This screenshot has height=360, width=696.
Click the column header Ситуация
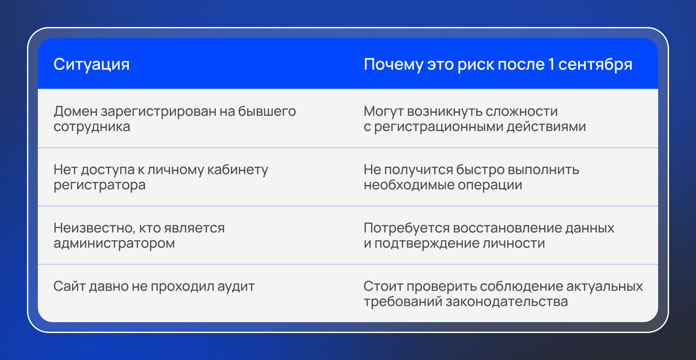click(x=91, y=64)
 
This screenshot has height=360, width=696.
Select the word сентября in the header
click(x=595, y=64)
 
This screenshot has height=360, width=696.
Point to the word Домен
click(x=76, y=111)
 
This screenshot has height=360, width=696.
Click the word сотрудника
click(x=92, y=127)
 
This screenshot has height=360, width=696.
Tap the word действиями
click(x=546, y=127)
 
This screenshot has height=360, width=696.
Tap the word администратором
click(x=114, y=243)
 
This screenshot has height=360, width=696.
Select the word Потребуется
click(x=406, y=228)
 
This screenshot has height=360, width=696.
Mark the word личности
click(x=514, y=243)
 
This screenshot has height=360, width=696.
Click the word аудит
click(x=236, y=286)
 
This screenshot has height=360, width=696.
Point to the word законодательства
click(x=507, y=302)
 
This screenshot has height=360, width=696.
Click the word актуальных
click(x=605, y=286)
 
